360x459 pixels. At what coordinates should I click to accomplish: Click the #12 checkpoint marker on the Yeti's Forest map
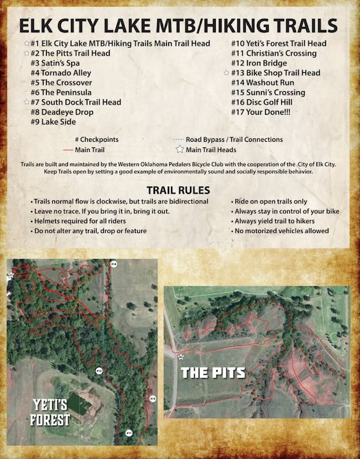(x=99, y=371)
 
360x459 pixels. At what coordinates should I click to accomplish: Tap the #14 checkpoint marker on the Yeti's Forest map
(x=114, y=264)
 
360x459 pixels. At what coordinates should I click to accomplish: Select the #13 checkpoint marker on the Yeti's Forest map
(x=152, y=398)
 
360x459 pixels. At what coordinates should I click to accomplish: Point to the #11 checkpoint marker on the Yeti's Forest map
(x=129, y=432)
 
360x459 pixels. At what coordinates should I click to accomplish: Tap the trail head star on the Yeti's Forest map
(x=10, y=275)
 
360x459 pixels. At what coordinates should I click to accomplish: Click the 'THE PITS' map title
(x=212, y=372)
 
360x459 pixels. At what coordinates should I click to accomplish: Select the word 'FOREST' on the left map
(x=51, y=420)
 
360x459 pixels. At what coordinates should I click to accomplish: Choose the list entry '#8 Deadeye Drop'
(x=62, y=112)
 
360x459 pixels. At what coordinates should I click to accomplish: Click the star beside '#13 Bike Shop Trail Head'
(x=226, y=73)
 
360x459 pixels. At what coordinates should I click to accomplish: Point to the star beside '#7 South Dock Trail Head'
(x=26, y=102)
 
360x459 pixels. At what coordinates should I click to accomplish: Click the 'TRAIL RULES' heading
(x=179, y=190)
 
